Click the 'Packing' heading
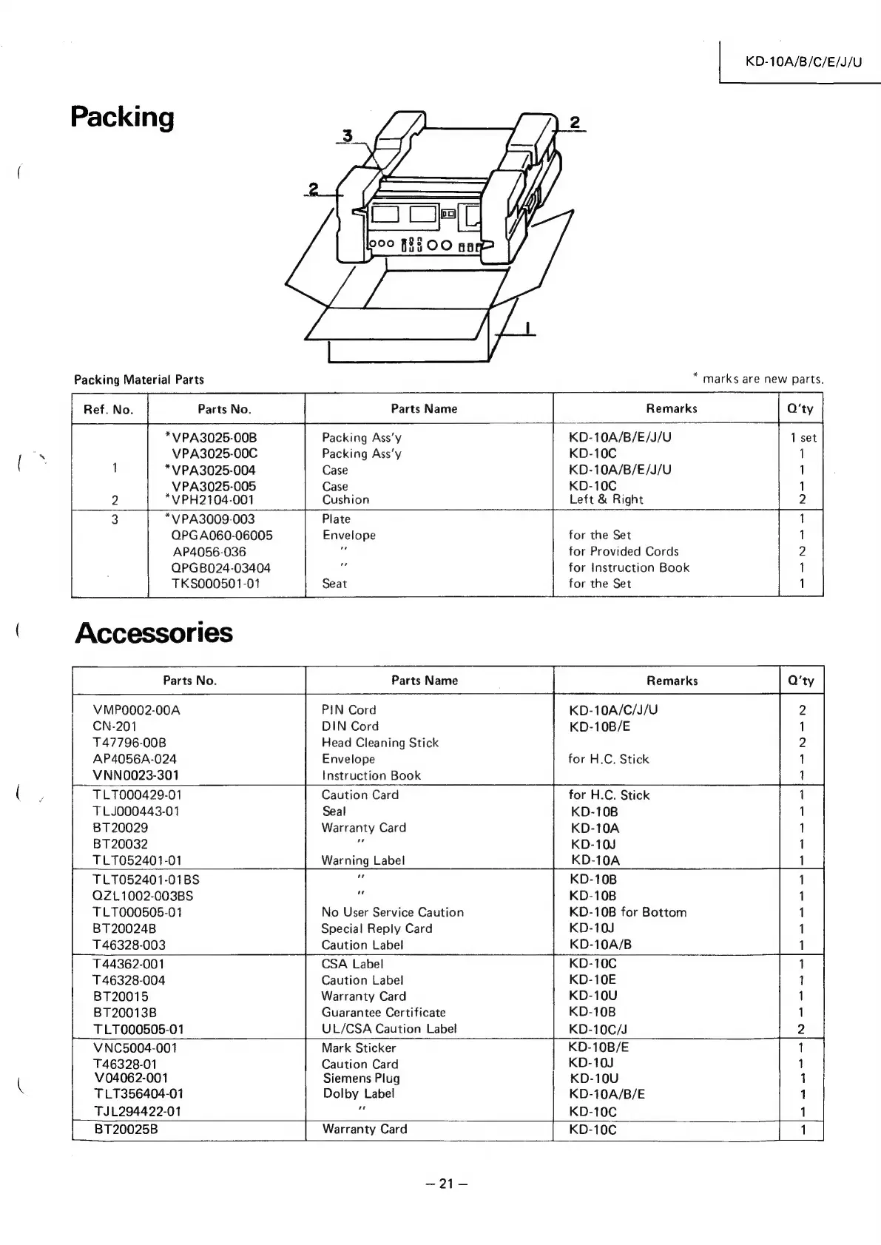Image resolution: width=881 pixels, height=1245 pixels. (x=122, y=118)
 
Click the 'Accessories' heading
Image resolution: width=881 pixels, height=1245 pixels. (x=154, y=633)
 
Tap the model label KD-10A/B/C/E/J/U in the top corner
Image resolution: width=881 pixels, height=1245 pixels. (x=803, y=61)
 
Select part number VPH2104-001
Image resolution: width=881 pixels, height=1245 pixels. (x=213, y=500)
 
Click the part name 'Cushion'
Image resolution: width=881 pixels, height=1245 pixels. (x=345, y=500)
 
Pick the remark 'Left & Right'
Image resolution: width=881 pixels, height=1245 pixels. (x=606, y=500)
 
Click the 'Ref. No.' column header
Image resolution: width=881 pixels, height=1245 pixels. (x=109, y=409)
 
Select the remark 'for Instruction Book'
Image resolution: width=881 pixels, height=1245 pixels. (x=629, y=568)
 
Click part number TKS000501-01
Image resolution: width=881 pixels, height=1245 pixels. (x=215, y=584)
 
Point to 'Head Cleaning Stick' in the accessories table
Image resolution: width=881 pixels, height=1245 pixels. (x=379, y=743)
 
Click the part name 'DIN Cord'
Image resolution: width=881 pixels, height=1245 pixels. (x=350, y=726)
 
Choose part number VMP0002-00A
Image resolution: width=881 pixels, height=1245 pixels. (x=137, y=710)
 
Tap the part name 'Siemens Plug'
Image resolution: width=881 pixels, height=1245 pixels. (x=361, y=1079)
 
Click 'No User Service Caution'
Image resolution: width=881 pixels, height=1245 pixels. (x=392, y=913)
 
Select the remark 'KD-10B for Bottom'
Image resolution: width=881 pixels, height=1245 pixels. (x=628, y=913)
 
